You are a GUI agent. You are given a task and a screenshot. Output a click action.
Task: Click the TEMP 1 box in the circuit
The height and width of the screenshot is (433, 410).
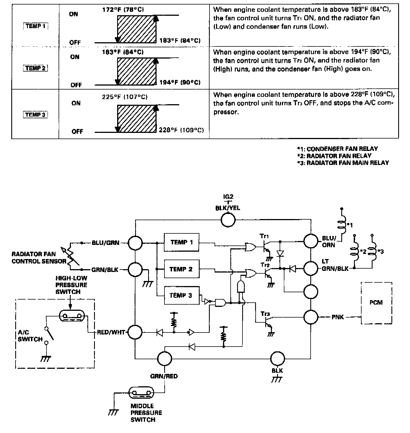[x=181, y=242]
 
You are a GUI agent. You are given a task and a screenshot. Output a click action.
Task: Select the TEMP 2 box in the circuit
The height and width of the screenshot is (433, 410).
[x=181, y=269]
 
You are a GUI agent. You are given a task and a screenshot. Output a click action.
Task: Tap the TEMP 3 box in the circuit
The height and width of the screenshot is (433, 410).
[x=181, y=295]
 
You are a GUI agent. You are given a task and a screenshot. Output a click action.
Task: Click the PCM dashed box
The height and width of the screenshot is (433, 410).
[x=376, y=303]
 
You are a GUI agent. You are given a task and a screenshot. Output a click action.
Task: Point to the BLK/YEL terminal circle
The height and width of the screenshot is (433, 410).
[x=228, y=220]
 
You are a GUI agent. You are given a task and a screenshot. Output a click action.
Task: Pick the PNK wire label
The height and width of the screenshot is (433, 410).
[x=338, y=317]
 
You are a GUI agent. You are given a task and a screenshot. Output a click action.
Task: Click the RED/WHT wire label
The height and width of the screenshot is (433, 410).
[x=111, y=332]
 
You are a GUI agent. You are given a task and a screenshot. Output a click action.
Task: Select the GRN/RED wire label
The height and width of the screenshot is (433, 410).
[x=164, y=376]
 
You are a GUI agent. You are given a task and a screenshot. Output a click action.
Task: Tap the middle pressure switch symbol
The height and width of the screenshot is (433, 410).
[x=142, y=393]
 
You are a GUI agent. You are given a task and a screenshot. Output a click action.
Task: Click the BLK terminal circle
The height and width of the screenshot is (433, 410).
[x=277, y=359]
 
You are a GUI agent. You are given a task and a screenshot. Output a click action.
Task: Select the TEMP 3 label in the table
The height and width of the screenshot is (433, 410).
[x=35, y=115]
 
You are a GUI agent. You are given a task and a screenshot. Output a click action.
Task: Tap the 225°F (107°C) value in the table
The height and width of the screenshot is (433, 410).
[x=125, y=97]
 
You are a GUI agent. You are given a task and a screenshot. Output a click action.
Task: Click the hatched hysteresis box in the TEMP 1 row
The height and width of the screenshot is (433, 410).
[x=136, y=29]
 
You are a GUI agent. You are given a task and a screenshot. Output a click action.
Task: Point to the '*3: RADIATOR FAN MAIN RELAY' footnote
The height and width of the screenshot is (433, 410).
[x=343, y=163]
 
